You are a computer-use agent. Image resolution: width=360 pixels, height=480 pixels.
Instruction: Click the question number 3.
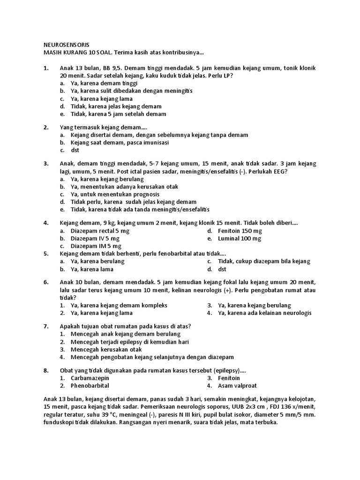click(46, 164)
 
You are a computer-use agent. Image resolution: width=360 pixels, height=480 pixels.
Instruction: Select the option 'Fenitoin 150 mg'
click(240, 231)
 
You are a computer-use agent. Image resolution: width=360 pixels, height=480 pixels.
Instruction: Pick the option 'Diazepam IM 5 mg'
click(96, 246)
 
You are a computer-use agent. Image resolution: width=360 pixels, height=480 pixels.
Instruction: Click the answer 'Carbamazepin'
click(90, 378)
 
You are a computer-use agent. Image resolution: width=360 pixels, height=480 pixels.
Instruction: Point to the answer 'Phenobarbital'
click(90, 385)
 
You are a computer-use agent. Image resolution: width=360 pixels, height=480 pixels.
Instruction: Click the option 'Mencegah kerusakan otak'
click(106, 349)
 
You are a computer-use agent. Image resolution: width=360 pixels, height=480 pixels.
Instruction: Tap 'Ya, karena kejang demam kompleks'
click(119, 305)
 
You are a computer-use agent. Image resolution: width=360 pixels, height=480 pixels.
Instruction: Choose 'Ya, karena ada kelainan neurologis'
click(264, 313)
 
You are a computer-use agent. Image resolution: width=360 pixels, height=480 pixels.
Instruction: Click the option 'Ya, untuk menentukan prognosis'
click(115, 194)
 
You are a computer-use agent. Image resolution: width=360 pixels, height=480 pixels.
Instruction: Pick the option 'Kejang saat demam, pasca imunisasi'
click(120, 142)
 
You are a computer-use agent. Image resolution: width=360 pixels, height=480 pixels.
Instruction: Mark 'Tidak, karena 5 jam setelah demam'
click(118, 114)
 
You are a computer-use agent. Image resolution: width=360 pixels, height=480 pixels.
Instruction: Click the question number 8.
click(46, 370)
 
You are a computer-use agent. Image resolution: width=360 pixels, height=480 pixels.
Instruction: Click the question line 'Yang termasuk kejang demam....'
click(104, 127)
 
